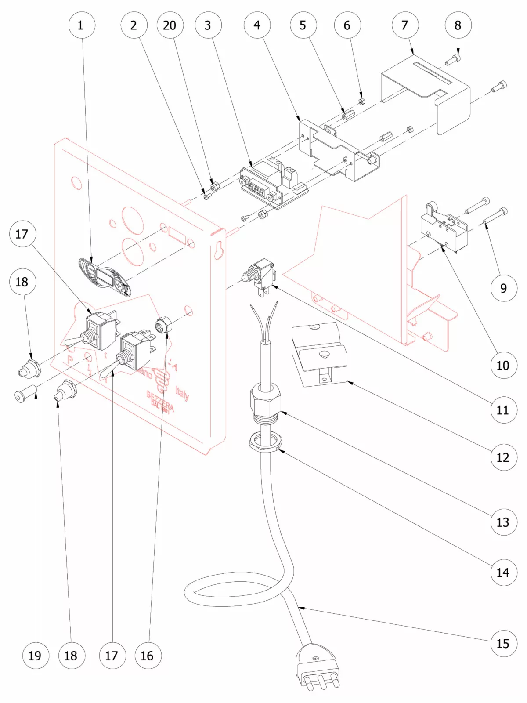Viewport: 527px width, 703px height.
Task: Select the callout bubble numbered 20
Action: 170,25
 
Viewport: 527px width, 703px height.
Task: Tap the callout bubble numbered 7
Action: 404,25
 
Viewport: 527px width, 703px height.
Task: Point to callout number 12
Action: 503,457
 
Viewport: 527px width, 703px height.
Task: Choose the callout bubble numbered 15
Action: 503,644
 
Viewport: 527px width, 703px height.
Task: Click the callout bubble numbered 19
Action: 35,656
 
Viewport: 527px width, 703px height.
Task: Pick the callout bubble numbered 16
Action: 148,656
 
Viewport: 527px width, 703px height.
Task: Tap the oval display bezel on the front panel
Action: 105,278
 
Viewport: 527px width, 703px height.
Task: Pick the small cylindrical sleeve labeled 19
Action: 25,391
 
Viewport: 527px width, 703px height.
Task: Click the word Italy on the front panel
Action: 182,392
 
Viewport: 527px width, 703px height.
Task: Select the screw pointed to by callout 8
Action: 453,60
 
